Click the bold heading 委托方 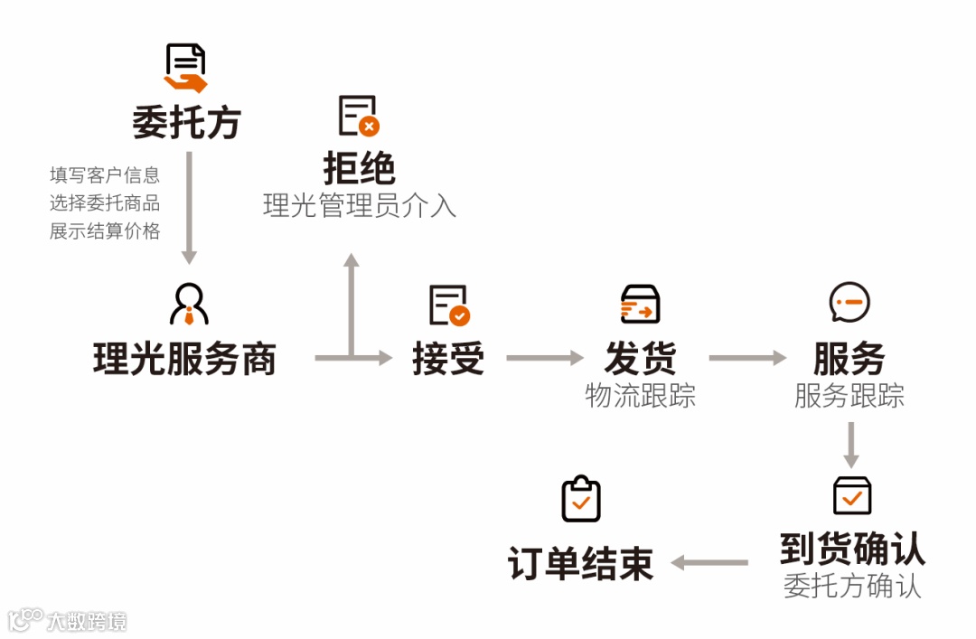coord(186,123)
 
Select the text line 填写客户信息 coord(105,175)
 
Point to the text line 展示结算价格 coord(105,231)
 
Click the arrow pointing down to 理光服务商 coord(189,208)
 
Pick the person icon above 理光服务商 coord(189,304)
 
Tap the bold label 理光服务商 coord(184,359)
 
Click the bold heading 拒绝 coord(359,168)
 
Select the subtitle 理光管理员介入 coord(359,205)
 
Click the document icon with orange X coord(359,116)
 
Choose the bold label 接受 coord(448,359)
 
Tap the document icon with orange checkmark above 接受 coord(449,305)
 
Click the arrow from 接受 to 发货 coord(544,359)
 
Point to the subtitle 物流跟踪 coord(640,395)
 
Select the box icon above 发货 coord(640,305)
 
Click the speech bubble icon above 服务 coord(849,303)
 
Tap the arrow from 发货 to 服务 coord(746,359)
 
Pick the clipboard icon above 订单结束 coord(581,499)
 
